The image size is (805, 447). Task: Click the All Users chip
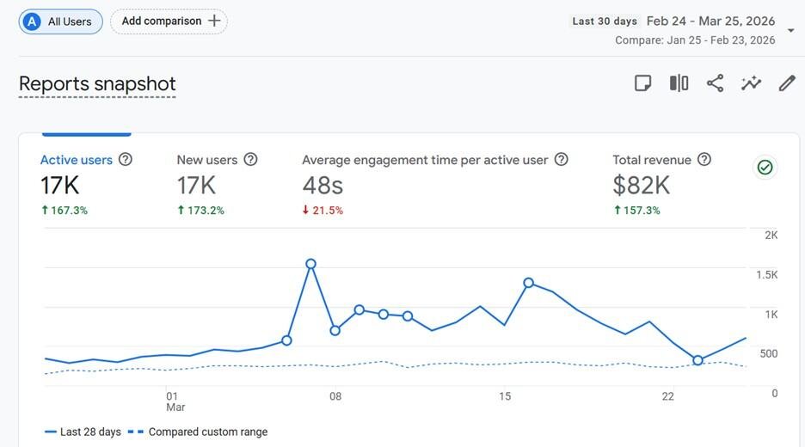pos(61,21)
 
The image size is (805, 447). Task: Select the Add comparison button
pos(169,21)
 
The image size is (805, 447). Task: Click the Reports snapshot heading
pos(97,84)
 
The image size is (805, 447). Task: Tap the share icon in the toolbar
pos(715,83)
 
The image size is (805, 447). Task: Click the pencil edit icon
pos(787,83)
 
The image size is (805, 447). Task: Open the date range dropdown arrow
pos(791,31)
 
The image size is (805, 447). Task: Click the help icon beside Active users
pos(126,160)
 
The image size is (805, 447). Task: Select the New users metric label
pos(207,160)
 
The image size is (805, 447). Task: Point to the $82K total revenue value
pos(641,185)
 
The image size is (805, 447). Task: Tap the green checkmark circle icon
pos(765,168)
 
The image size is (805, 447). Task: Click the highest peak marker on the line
pos(311,264)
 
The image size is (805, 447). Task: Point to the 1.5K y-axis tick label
pos(765,274)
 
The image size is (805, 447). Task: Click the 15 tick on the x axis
pos(505,396)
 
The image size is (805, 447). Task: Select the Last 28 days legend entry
pos(83,432)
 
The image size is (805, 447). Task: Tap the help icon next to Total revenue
pos(704,160)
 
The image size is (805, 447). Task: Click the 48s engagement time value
pos(323,185)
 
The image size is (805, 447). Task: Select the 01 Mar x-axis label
pos(175,401)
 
